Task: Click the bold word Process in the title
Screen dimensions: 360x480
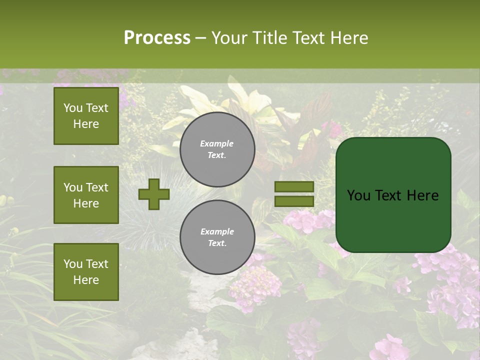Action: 157,38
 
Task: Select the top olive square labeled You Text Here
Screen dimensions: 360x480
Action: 86,116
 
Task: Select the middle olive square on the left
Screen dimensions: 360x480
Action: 86,195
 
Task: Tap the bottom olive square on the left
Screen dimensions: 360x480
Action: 86,271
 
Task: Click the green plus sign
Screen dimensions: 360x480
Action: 154,194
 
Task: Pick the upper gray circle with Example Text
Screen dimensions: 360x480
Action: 217,149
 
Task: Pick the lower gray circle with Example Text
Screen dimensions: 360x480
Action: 217,237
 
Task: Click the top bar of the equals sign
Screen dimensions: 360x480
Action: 294,187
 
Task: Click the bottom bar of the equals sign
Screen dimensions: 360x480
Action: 294,201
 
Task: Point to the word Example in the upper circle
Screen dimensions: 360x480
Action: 216,143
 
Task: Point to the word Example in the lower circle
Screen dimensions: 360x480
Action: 217,231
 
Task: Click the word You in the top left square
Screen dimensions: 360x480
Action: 73,108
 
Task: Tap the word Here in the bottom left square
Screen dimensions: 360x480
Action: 86,280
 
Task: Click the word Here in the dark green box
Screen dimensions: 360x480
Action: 422,195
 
